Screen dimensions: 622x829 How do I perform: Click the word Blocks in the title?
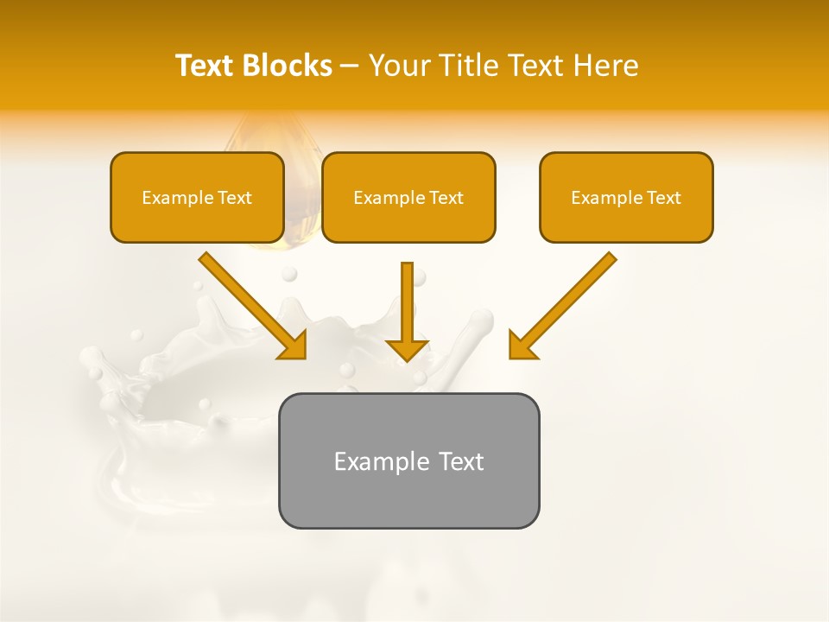tap(288, 66)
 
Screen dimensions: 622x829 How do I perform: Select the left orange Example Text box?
tap(197, 198)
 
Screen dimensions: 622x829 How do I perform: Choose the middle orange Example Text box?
tap(408, 198)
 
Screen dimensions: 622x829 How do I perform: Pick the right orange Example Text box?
tap(626, 198)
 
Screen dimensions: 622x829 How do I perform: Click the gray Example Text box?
tap(408, 460)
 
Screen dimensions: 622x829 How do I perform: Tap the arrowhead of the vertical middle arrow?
tap(407, 348)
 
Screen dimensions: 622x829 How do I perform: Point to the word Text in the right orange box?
tap(663, 198)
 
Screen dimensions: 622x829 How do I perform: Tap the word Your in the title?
tap(398, 66)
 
